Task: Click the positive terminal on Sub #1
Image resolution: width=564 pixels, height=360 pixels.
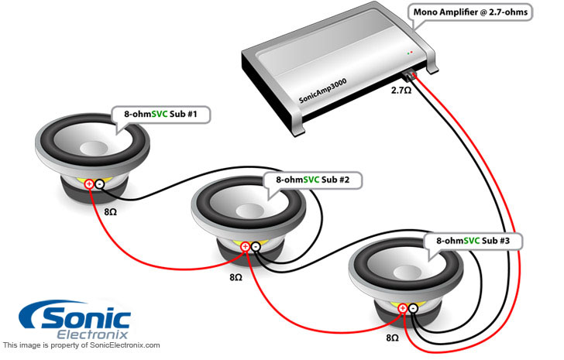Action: tap(89, 184)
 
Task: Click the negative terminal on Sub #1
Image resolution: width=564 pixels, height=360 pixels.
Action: tap(99, 184)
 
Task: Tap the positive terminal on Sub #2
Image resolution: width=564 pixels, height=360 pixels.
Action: tap(246, 248)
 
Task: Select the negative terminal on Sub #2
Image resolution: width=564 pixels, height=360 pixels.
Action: tap(256, 248)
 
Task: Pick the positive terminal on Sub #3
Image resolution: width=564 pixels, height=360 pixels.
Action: tap(403, 310)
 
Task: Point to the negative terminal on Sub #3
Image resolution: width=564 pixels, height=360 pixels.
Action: tap(413, 310)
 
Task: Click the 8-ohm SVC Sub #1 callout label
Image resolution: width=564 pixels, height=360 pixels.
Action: tap(161, 115)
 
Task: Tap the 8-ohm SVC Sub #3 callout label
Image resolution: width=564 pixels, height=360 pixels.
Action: tap(471, 242)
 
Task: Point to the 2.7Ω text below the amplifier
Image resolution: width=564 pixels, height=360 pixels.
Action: tap(401, 91)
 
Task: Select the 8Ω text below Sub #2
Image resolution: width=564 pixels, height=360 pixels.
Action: tap(236, 275)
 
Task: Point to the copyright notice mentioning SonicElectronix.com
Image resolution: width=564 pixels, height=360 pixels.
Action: tap(81, 345)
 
